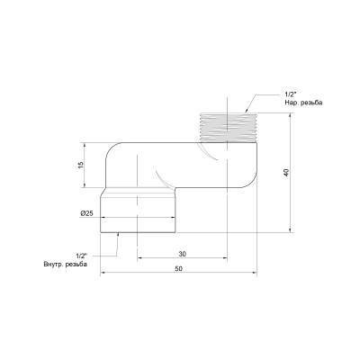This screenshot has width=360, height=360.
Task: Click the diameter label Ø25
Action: coord(86,212)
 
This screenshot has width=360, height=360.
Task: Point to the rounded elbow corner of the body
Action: coord(112,151)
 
